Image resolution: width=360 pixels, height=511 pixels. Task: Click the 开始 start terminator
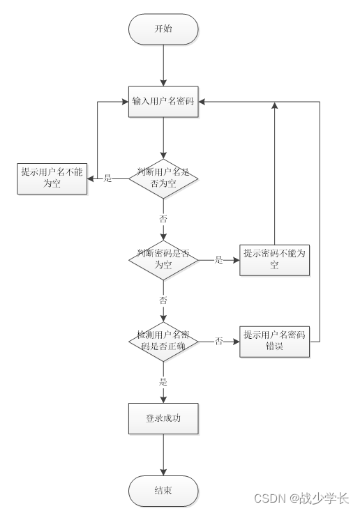click(163, 29)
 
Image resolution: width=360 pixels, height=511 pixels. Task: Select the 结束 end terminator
click(163, 491)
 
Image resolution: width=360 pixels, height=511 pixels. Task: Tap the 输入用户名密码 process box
click(163, 101)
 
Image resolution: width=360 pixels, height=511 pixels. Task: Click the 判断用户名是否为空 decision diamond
click(163, 178)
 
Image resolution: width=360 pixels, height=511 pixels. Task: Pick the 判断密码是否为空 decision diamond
click(163, 260)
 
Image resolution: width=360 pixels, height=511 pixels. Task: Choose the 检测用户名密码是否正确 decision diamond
click(163, 342)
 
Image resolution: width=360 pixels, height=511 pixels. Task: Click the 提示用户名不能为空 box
click(52, 178)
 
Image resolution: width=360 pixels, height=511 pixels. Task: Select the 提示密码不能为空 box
click(273, 260)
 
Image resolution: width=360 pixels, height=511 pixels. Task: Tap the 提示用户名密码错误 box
click(273, 342)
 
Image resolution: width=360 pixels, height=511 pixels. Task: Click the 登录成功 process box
click(163, 419)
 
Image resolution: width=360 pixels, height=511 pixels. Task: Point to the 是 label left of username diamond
click(108, 178)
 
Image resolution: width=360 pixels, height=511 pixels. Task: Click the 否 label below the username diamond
click(163, 218)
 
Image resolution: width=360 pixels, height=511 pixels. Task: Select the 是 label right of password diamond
click(218, 260)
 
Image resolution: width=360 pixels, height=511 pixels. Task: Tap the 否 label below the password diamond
click(163, 300)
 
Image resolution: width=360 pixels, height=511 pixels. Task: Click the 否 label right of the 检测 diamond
click(218, 342)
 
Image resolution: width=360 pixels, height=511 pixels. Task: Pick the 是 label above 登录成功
click(163, 382)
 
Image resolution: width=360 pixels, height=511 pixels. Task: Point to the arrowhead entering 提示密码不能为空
click(236, 260)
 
